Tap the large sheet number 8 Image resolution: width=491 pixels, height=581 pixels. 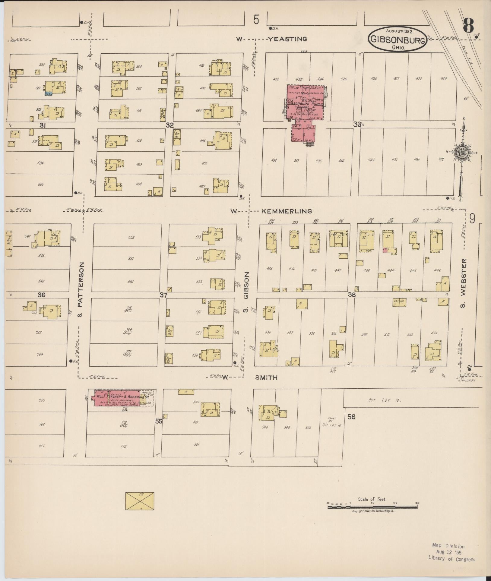point(469,25)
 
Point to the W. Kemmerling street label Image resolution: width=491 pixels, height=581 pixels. point(271,211)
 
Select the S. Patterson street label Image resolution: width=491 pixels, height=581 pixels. point(82,289)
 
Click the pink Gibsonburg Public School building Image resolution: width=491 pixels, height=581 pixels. point(305,109)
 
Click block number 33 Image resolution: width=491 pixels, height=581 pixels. point(357,124)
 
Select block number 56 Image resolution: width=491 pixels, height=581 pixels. point(351,417)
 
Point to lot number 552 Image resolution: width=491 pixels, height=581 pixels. point(131,237)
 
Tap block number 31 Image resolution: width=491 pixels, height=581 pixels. point(43,125)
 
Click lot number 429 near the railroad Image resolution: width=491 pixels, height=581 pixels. point(443,78)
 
